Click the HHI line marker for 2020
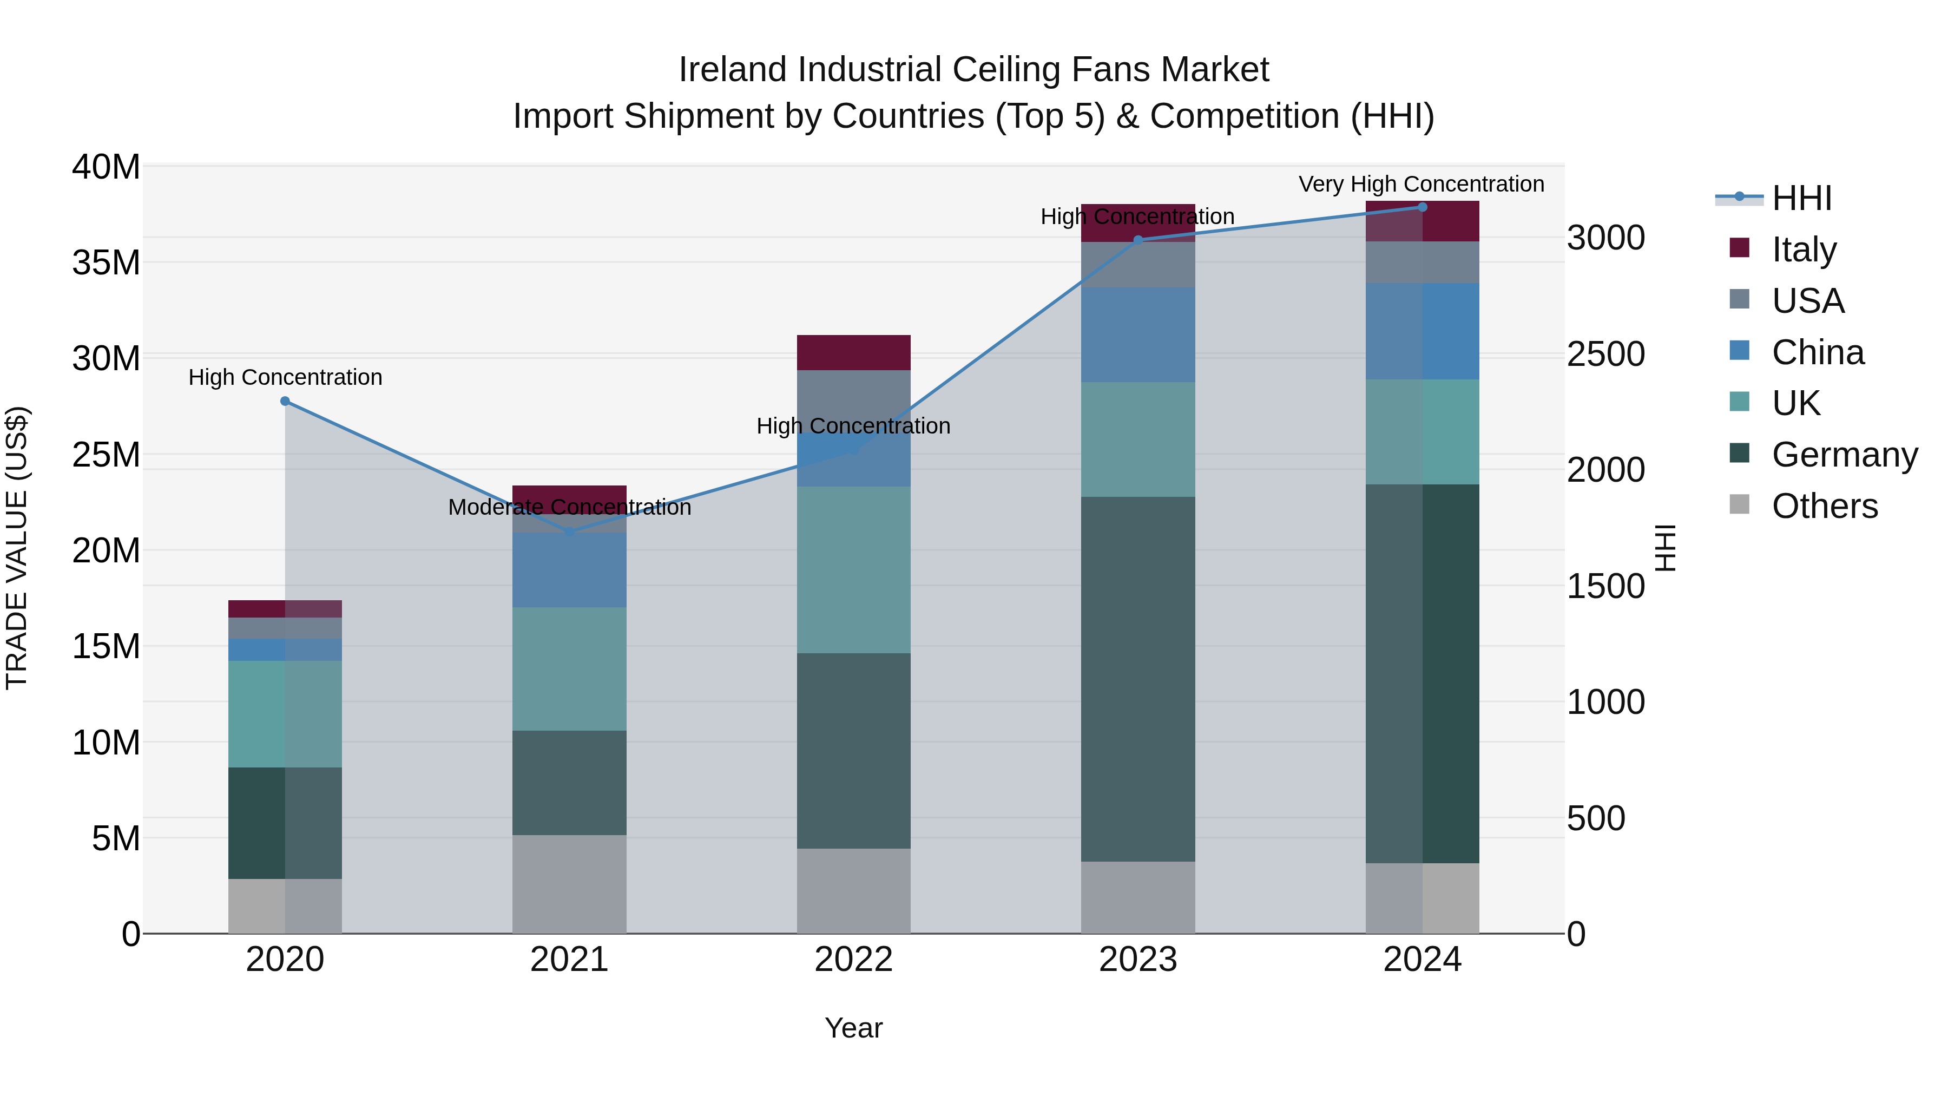(x=285, y=401)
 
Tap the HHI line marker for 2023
(x=1138, y=240)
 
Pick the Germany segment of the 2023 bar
(x=1138, y=679)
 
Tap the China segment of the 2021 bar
(x=569, y=569)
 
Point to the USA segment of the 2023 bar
(x=1138, y=265)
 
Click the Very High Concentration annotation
(x=1421, y=184)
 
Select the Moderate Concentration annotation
(x=569, y=507)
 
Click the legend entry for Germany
(x=1845, y=455)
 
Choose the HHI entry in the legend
(x=1801, y=198)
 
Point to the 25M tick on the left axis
(x=106, y=455)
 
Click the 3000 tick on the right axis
(x=1605, y=238)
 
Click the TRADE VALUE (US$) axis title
(x=17, y=548)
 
